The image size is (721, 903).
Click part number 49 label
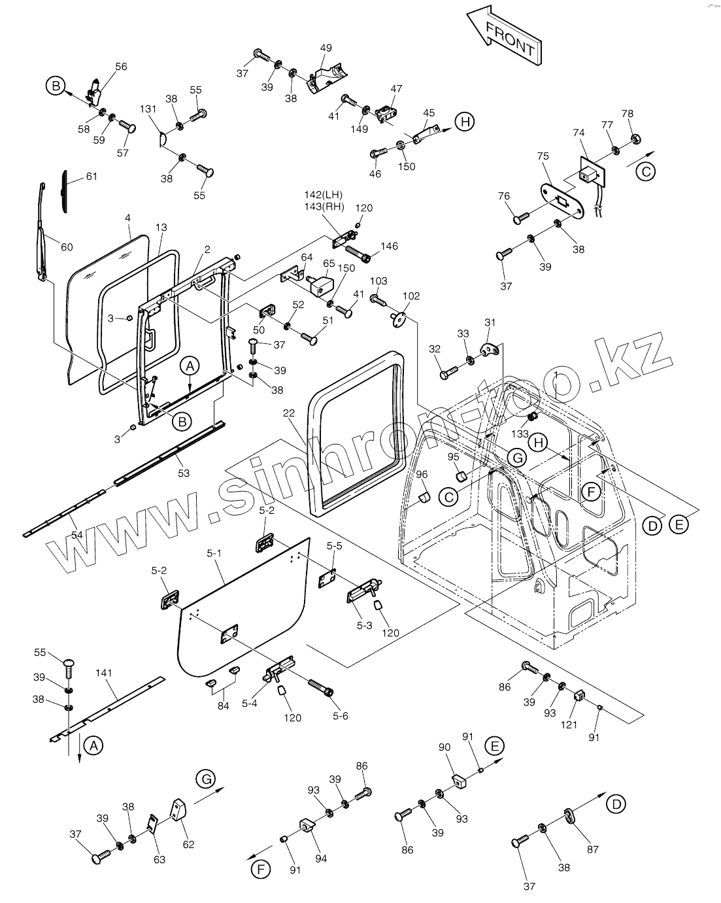pyautogui.click(x=326, y=48)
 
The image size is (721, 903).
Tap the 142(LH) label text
pyautogui.click(x=323, y=196)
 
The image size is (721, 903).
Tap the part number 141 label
pyautogui.click(x=104, y=673)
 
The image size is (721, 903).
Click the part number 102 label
pyautogui.click(x=411, y=296)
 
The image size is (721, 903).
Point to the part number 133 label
pyautogui.click(x=520, y=434)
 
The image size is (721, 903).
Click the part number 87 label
pyautogui.click(x=592, y=849)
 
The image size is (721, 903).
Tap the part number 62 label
pyautogui.click(x=188, y=844)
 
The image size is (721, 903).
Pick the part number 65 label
pyautogui.click(x=328, y=263)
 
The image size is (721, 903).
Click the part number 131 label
pyautogui.click(x=148, y=109)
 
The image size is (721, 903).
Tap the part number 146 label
pyautogui.click(x=389, y=247)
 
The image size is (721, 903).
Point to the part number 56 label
pyautogui.click(x=122, y=66)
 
